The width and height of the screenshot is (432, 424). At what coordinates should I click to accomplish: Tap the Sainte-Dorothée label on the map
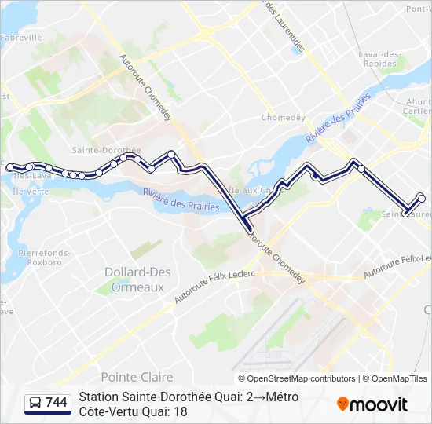point(106,149)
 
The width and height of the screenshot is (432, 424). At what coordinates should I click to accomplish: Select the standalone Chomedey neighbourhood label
point(283,118)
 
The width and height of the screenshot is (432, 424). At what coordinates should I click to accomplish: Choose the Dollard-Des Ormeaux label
point(134,279)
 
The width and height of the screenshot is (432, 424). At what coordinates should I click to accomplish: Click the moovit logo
point(372,404)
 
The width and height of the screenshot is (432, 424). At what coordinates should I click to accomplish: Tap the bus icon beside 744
point(35,403)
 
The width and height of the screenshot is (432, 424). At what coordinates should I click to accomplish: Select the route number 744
point(57,403)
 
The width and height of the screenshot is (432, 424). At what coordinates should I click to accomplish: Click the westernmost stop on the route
point(10,167)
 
